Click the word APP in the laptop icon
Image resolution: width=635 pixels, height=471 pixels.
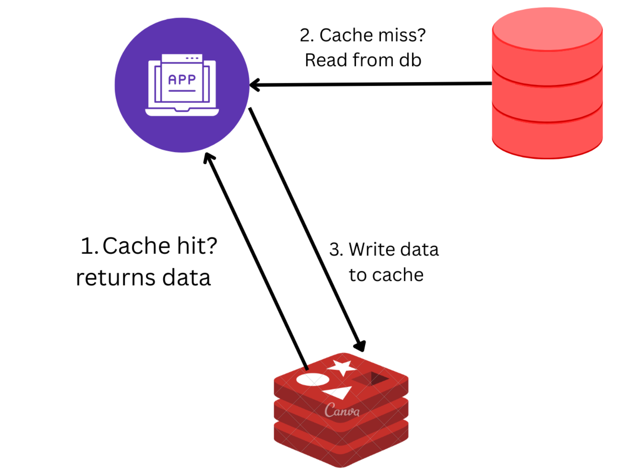[182, 80]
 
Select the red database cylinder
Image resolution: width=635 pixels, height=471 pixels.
[547, 105]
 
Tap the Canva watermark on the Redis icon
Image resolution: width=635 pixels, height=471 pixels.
[342, 411]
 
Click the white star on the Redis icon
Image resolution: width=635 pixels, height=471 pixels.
[341, 367]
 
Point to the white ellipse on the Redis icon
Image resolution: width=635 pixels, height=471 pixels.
[312, 379]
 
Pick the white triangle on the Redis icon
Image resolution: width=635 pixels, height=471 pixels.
[339, 392]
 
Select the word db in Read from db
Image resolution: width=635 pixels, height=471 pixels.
[410, 60]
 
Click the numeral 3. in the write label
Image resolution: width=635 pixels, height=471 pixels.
[336, 250]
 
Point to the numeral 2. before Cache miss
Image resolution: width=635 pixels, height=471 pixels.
[306, 35]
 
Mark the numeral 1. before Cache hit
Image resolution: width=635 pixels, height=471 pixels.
[89, 246]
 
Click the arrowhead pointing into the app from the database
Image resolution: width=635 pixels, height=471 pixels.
[255, 85]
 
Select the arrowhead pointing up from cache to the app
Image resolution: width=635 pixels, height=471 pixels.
[209, 158]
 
